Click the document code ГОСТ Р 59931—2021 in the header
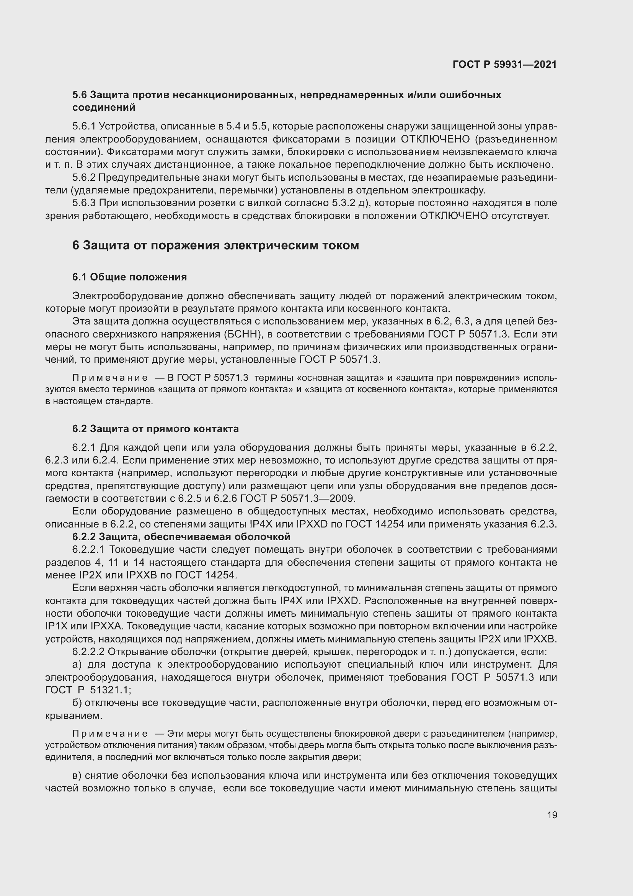[504, 64]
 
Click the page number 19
[552, 815]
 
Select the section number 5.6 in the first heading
[80, 95]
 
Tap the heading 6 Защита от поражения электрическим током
[215, 246]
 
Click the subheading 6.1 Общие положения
[129, 277]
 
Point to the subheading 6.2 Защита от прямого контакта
[155, 429]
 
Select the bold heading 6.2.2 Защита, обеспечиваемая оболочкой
[181, 537]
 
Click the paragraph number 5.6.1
[84, 126]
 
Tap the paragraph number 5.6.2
[84, 178]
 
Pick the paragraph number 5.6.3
[84, 203]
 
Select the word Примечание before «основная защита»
[110, 378]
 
